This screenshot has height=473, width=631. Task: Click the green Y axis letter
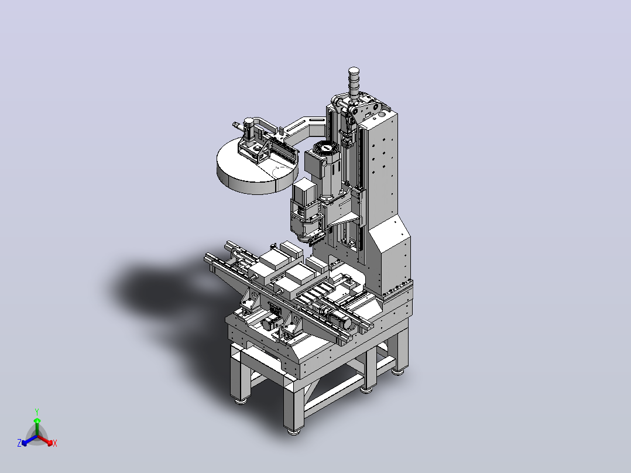37,412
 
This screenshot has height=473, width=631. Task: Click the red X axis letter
55,443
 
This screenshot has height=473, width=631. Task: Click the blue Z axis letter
19,443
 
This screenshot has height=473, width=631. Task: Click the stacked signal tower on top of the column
354,83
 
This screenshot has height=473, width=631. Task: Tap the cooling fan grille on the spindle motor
327,148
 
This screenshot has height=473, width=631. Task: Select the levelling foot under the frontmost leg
293,431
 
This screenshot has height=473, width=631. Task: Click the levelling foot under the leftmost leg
240,401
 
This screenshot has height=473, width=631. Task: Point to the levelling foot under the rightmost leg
398,372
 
